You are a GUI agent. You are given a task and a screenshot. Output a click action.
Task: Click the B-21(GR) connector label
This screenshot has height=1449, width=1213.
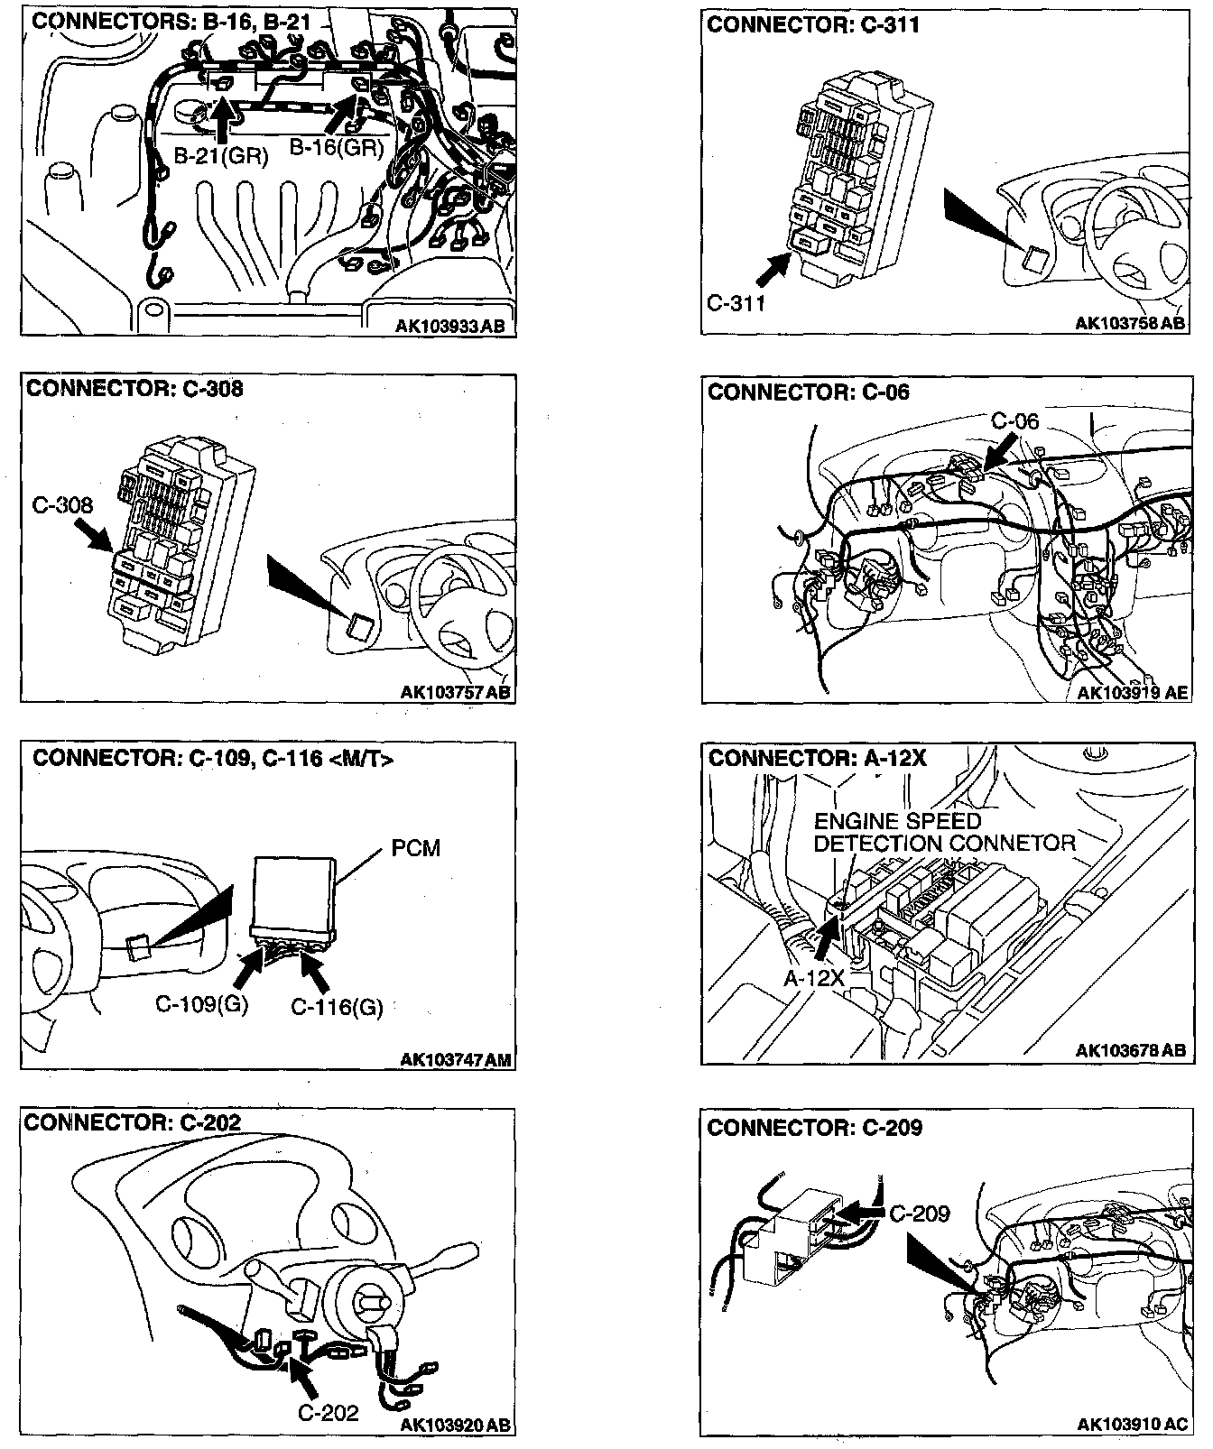tap(220, 155)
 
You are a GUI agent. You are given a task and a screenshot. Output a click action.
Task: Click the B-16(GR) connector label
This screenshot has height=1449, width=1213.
tap(337, 147)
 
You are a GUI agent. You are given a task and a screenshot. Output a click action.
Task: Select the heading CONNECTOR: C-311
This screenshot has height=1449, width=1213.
tap(813, 24)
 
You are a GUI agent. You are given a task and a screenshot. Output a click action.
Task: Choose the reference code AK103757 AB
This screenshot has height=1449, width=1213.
tap(456, 693)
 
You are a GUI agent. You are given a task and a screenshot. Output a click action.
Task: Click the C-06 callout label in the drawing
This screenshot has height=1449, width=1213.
tap(1014, 421)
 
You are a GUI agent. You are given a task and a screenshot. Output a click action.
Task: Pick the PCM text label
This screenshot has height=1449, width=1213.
tap(416, 848)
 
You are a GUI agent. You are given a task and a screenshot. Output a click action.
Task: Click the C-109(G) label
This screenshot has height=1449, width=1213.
tap(202, 1003)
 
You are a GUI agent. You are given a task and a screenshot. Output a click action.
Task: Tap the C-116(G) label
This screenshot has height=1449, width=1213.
tap(337, 1006)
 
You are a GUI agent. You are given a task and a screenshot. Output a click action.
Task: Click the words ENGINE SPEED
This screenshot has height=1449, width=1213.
tap(884, 821)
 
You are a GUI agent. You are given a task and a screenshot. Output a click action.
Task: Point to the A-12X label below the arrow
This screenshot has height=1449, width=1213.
tap(813, 978)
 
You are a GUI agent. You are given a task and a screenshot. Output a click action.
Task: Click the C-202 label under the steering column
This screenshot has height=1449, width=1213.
tap(329, 1412)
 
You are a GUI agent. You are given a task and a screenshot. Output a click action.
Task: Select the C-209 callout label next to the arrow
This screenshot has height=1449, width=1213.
tap(920, 1214)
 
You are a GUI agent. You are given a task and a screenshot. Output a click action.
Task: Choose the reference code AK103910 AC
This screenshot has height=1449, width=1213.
tap(1133, 1424)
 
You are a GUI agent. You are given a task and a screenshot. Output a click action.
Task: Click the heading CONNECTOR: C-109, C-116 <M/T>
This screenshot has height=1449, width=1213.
tap(213, 758)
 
